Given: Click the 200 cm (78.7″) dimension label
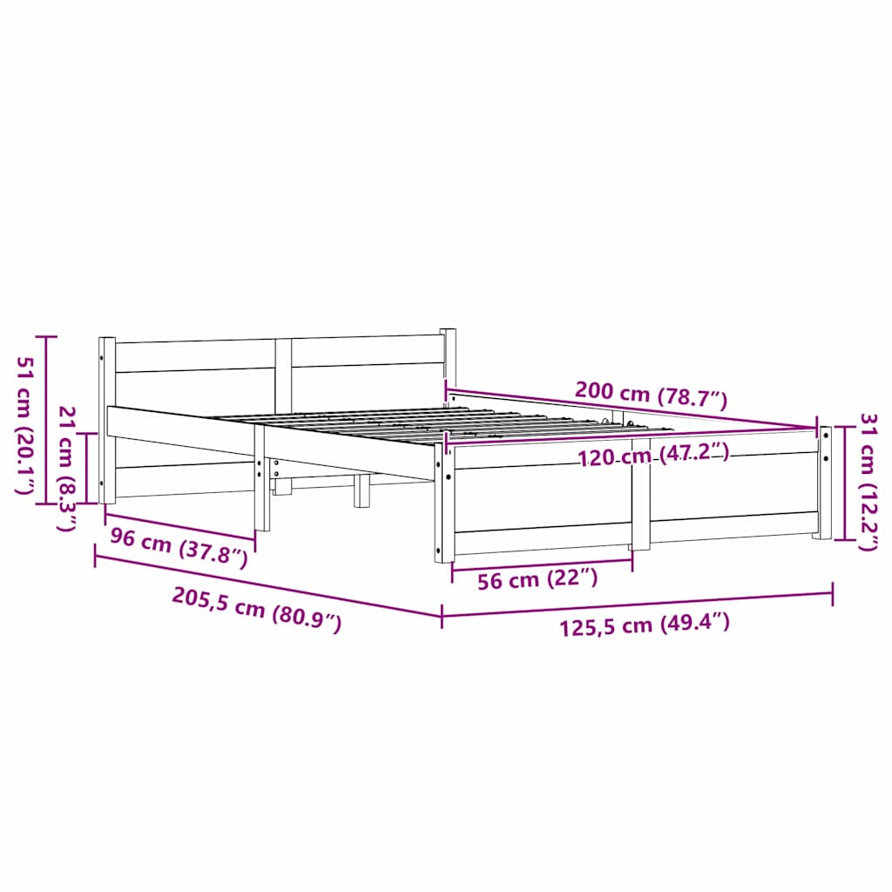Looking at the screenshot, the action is pyautogui.click(x=651, y=395).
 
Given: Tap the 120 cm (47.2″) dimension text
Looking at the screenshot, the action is pyautogui.click(x=653, y=455).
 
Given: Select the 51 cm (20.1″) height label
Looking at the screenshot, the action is pyautogui.click(x=24, y=425).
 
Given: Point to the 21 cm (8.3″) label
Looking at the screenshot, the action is pyautogui.click(x=68, y=469).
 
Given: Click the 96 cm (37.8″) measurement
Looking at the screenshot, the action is pyautogui.click(x=179, y=547).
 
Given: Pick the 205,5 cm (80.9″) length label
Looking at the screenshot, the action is pyautogui.click(x=257, y=610).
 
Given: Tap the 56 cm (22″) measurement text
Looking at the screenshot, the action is pyautogui.click(x=537, y=579).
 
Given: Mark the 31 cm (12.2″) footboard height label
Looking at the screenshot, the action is pyautogui.click(x=868, y=483).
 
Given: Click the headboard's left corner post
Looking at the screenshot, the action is pyautogui.click(x=107, y=421).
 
